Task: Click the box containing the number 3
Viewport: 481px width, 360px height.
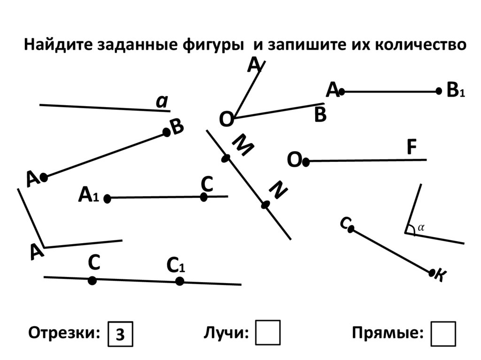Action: coord(121,334)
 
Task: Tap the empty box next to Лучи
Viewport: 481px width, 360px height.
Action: coord(268,333)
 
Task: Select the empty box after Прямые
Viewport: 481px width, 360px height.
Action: coord(443,334)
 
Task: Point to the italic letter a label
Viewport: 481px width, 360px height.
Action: coord(162,101)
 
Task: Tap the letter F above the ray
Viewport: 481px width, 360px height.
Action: coord(411,148)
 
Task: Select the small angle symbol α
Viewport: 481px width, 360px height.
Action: coord(421,227)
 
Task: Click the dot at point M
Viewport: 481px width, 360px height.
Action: coord(226,159)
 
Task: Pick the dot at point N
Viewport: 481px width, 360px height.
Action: coord(266,205)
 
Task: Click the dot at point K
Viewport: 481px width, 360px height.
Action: coord(432,272)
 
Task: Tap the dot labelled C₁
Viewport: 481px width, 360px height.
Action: coord(179,281)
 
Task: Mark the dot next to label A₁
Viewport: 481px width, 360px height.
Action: coord(107,199)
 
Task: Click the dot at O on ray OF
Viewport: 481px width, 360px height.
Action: coord(306,162)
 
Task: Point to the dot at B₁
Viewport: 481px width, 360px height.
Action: coord(439,91)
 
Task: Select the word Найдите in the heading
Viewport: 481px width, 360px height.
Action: coord(59,45)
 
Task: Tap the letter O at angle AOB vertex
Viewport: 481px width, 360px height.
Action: coord(226,120)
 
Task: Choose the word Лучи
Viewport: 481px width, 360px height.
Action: coord(226,333)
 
